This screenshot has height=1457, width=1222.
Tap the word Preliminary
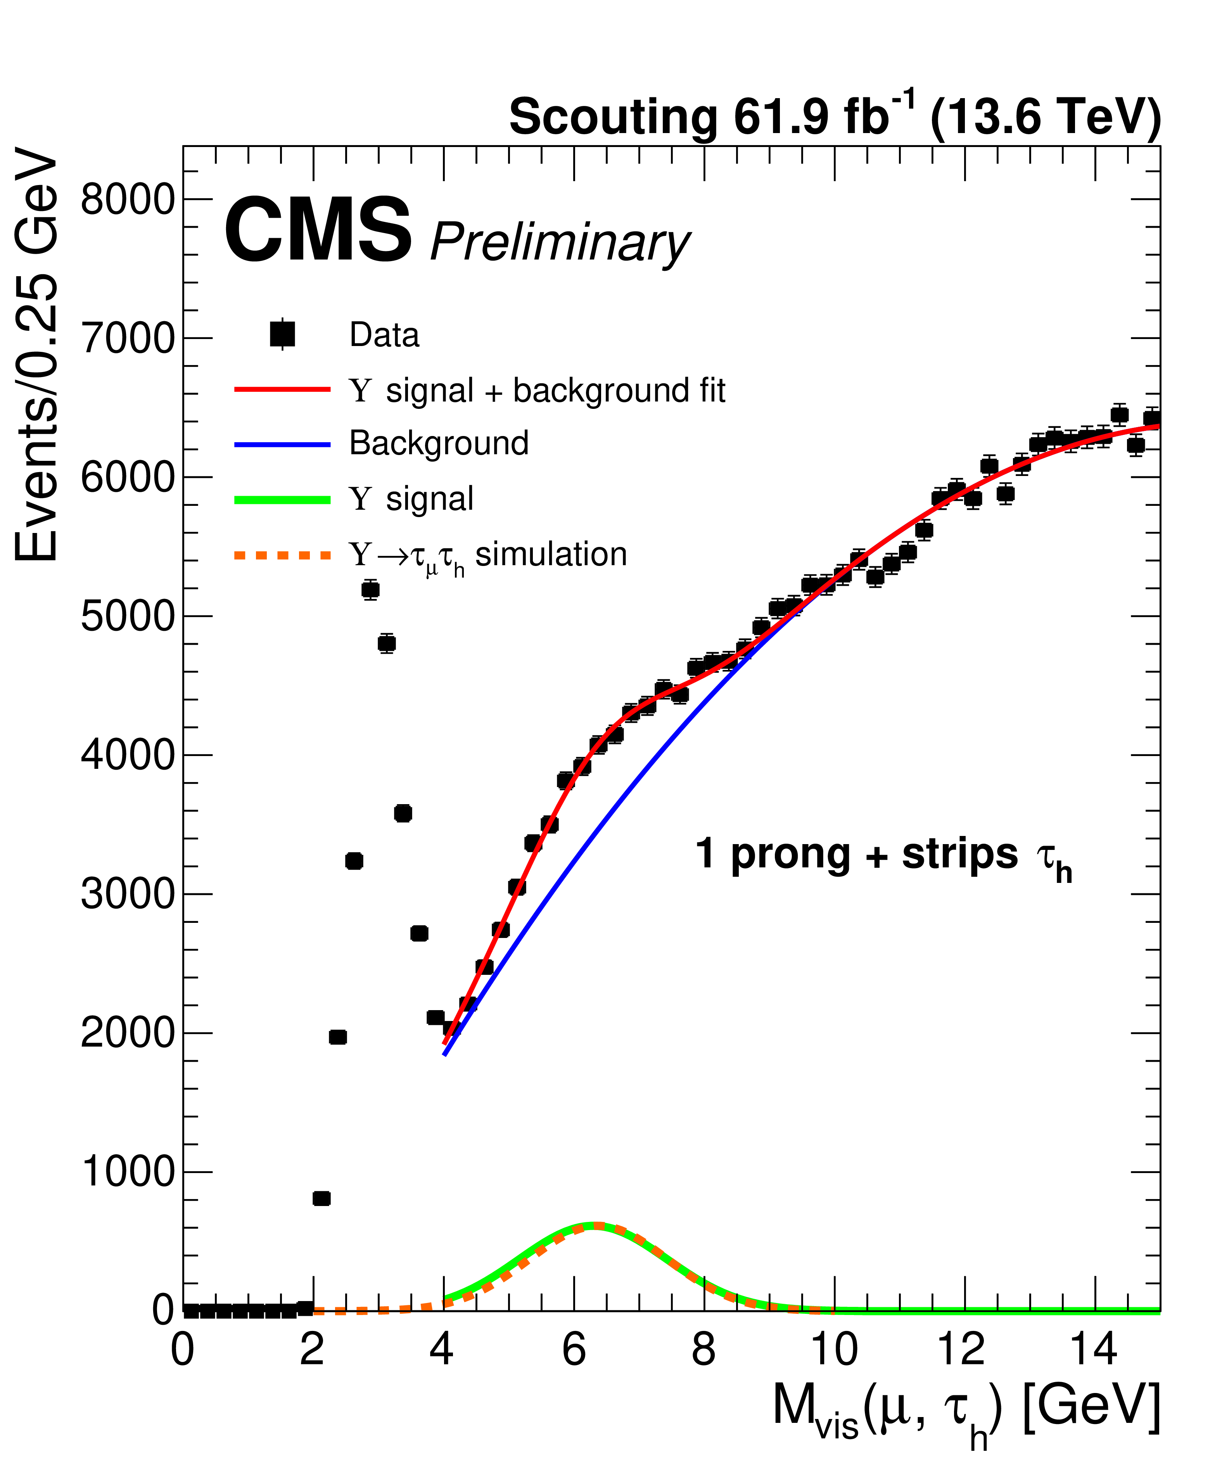pyautogui.click(x=560, y=243)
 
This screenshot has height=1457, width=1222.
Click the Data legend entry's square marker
pyautogui.click(x=282, y=334)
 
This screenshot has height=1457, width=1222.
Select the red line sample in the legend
pyautogui.click(x=282, y=390)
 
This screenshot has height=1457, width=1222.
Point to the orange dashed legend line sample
pyautogui.click(x=282, y=555)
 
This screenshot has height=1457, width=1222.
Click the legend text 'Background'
pyautogui.click(x=438, y=443)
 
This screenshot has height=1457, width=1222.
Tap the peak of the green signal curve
pyautogui.click(x=595, y=1225)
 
